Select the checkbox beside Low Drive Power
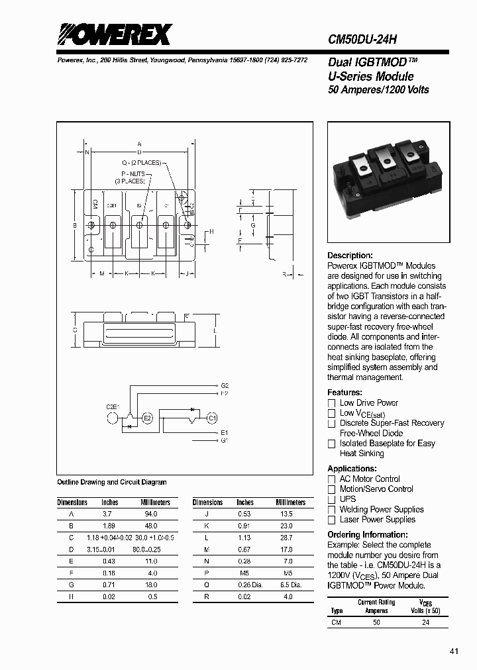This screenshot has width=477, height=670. [332, 403]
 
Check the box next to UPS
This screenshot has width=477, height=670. [332, 500]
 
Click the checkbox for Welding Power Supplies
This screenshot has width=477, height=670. [332, 510]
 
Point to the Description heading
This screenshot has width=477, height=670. [350, 256]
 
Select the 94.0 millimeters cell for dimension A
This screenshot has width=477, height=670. [151, 514]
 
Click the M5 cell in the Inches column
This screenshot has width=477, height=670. [244, 573]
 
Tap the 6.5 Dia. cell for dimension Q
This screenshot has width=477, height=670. [288, 585]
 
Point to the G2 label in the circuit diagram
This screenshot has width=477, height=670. [225, 385]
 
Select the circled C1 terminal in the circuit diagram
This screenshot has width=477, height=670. [211, 418]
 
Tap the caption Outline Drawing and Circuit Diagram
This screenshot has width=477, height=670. [112, 483]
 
